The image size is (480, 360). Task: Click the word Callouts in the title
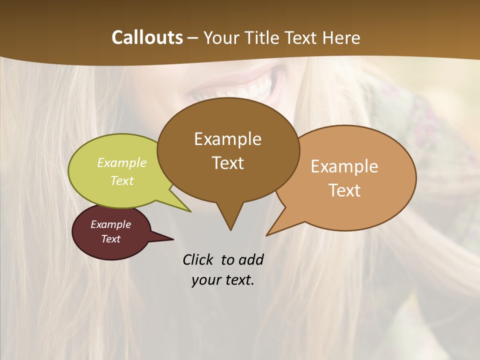[147, 37]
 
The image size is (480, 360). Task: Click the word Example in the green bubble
[122, 163]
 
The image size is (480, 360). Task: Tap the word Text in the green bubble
[122, 181]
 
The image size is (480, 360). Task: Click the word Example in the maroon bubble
[110, 224]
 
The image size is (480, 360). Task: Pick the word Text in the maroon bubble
[110, 239]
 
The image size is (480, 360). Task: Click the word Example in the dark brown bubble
[227, 139]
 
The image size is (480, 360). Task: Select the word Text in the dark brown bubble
[227, 163]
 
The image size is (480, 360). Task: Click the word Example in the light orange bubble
[344, 166]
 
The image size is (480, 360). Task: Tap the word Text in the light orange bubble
[344, 190]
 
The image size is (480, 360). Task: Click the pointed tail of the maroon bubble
[172, 239]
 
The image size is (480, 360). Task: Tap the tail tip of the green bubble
[190, 211]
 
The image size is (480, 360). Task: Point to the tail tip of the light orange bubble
[267, 235]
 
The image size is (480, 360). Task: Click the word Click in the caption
[199, 260]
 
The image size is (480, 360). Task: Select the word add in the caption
[251, 260]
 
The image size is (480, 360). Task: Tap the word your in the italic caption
[205, 280]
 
